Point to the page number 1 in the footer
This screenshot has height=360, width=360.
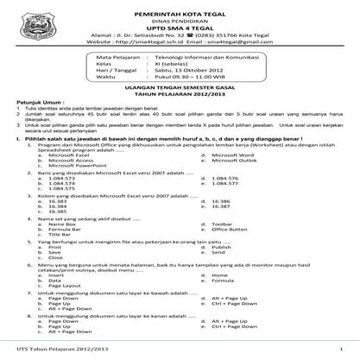[343, 350]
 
